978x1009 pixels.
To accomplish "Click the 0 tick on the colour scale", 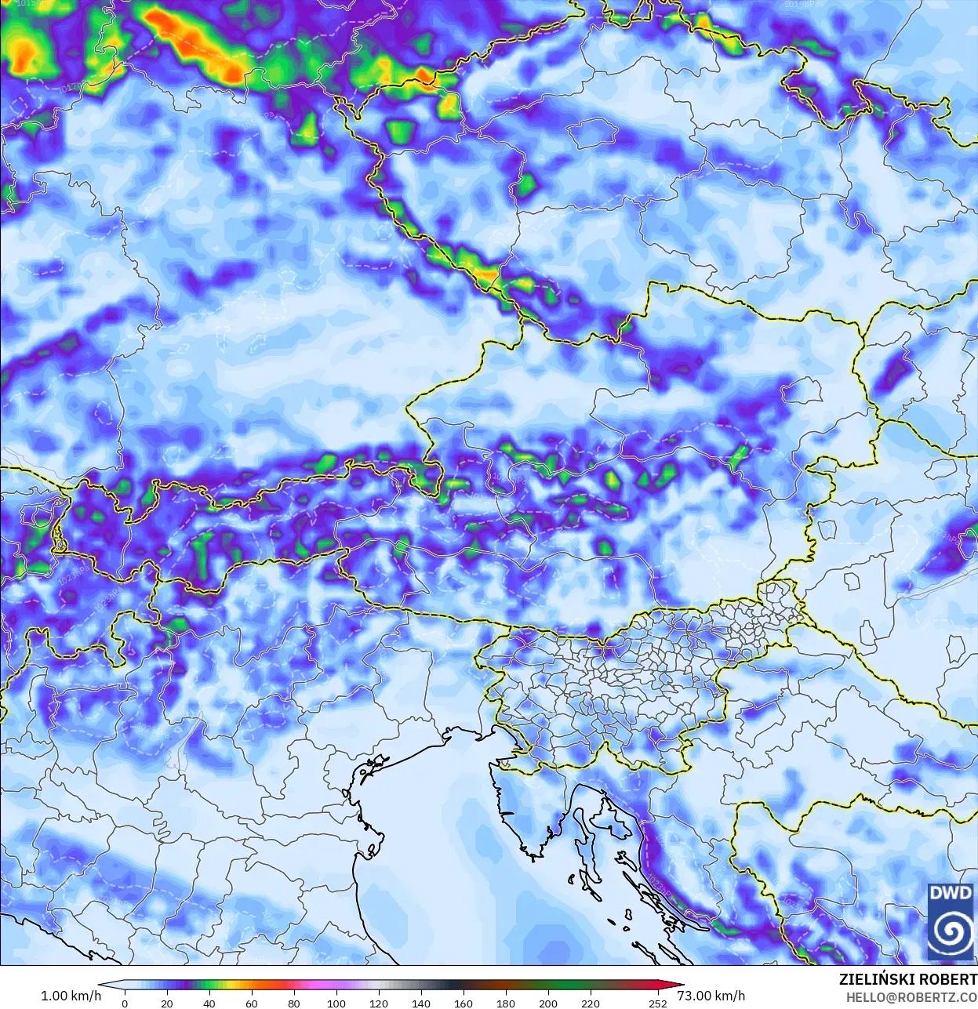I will point(125,1003).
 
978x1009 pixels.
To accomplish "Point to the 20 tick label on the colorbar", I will point(167,1003).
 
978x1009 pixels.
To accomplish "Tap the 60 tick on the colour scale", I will point(252,1003).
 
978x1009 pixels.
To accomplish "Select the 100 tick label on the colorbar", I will point(336,1003).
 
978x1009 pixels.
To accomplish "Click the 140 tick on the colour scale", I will point(421,1003).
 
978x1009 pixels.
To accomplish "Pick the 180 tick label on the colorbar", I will point(506,1003).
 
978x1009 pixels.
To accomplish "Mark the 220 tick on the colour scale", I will point(591,1003).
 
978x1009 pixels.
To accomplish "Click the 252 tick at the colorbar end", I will point(658,1003).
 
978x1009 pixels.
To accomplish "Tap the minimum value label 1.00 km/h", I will point(71,996).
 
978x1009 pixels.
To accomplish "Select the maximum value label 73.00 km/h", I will point(711,996).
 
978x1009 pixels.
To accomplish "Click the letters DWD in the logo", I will point(950,893).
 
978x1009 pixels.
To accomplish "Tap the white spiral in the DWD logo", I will point(950,931).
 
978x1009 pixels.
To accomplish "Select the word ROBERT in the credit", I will point(948,979).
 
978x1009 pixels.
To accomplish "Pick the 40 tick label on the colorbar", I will point(209,1003).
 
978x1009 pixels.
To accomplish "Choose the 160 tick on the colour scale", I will point(464,1003).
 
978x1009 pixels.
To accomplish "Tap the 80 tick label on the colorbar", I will point(294,1003).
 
